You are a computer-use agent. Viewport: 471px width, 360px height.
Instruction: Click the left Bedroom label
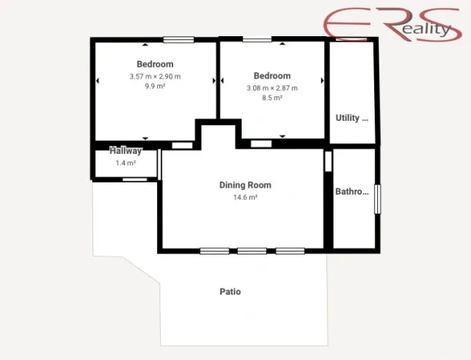click(155, 64)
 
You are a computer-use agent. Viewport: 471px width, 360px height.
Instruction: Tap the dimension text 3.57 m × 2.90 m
click(155, 76)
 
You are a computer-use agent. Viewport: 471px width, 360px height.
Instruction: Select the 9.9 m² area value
click(155, 86)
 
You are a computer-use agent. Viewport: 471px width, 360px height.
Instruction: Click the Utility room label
click(352, 118)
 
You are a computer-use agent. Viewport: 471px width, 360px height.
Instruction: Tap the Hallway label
click(125, 151)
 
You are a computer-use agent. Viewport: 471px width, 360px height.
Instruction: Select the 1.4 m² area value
click(125, 163)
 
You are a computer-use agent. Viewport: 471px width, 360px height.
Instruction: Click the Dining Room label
click(245, 185)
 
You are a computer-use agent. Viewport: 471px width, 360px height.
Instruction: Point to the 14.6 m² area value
click(245, 197)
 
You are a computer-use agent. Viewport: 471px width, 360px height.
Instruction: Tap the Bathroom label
click(352, 192)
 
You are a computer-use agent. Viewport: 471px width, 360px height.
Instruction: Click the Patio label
click(230, 292)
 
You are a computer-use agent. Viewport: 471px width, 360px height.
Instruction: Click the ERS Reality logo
click(389, 24)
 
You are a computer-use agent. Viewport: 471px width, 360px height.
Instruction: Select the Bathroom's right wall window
click(377, 198)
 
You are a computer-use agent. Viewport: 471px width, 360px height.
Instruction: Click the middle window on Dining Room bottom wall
click(252, 250)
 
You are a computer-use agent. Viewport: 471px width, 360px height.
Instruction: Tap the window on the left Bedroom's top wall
click(178, 40)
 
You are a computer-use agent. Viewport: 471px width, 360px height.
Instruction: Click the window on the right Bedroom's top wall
click(257, 39)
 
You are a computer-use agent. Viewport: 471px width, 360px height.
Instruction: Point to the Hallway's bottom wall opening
click(135, 179)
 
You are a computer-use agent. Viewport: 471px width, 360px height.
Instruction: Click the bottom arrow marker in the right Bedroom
click(282, 136)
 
